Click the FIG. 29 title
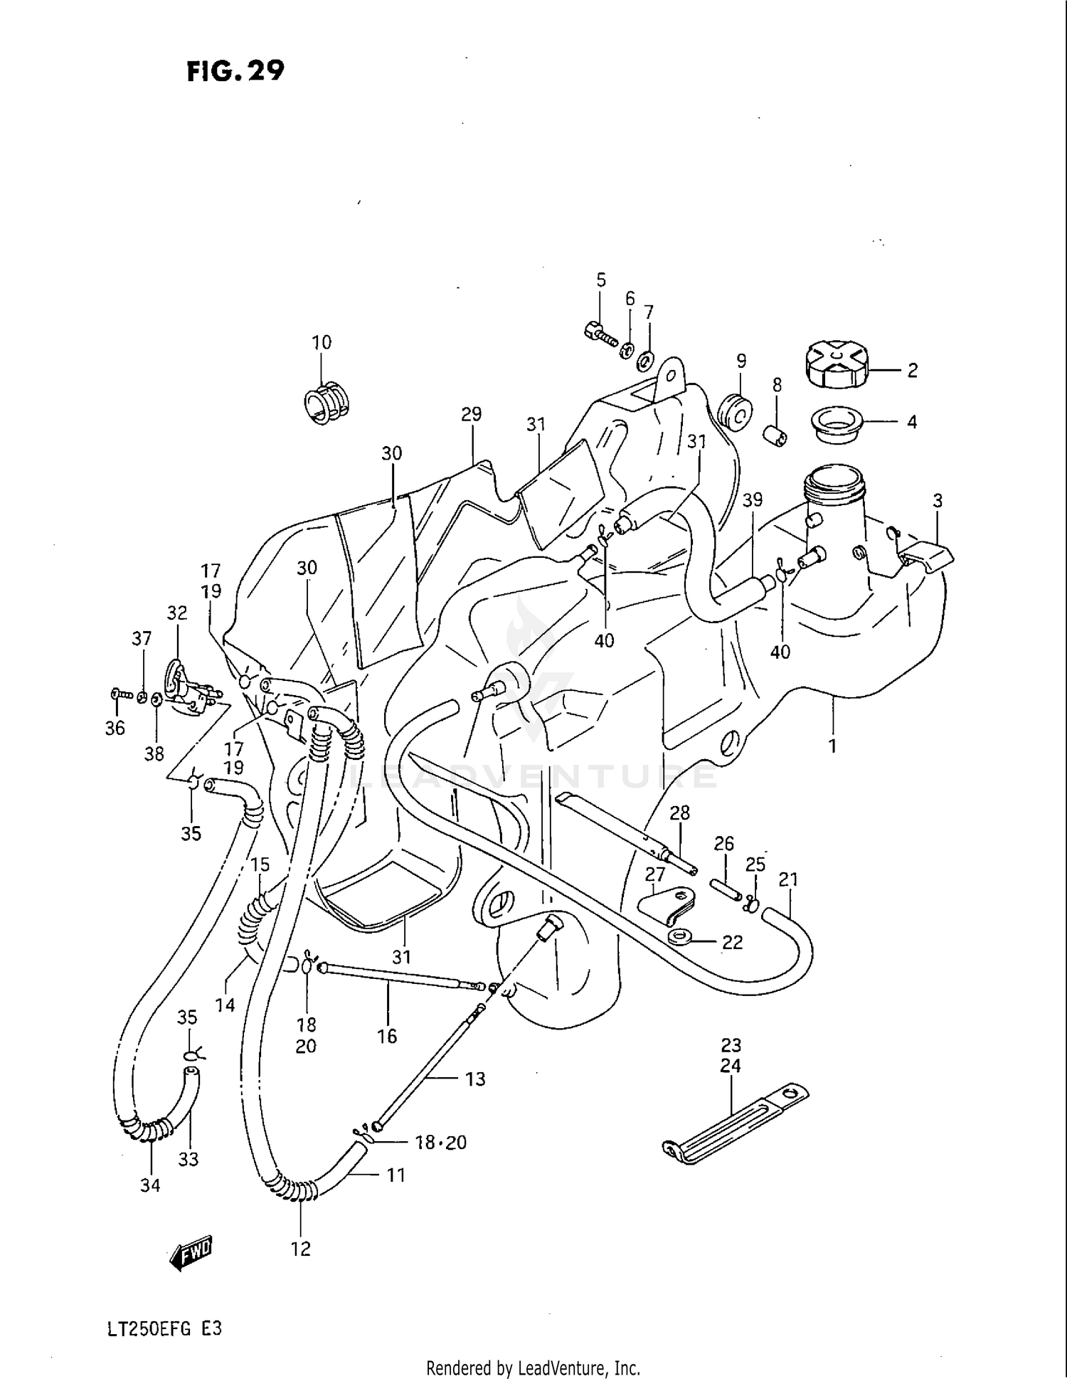tap(235, 71)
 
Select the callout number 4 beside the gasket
tap(912, 422)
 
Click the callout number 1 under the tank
tap(832, 746)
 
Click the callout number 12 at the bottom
tap(301, 1249)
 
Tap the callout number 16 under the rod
tap(387, 1036)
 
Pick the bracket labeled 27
tap(667, 904)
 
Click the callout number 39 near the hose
tap(752, 499)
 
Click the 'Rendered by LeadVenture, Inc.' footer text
tap(533, 1367)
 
